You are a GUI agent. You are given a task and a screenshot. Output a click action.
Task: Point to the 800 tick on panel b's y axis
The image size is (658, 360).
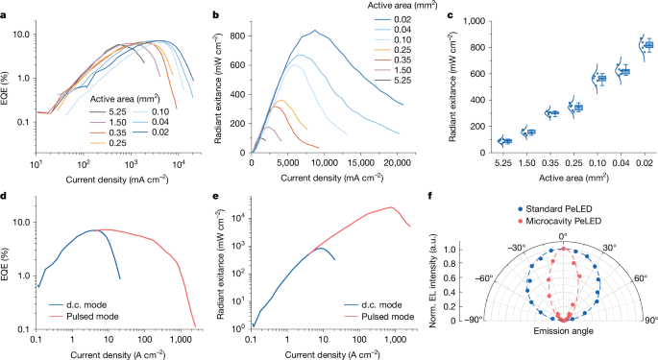point(232,35)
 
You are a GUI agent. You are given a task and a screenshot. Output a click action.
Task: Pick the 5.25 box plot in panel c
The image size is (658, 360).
point(504,141)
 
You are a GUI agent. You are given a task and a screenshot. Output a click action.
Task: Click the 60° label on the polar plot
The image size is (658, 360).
point(640,280)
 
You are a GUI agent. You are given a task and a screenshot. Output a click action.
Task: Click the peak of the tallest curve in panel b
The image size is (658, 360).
point(314,31)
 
